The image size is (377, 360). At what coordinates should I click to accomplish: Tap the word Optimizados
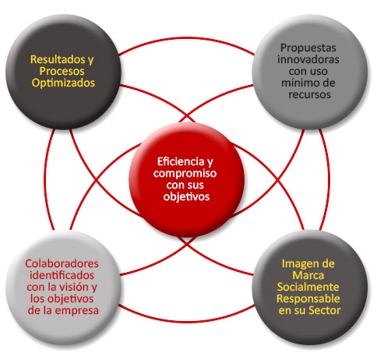pos(63,83)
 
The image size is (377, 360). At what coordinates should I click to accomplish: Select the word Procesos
pos(62,72)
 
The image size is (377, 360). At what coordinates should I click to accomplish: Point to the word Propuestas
pos(308,48)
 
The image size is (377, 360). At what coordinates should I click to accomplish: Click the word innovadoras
pos(308,59)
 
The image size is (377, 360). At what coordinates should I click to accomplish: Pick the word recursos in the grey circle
pos(309,95)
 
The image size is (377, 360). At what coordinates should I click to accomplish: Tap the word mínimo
pos(298,83)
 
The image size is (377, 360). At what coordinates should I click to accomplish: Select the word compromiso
pos(185,174)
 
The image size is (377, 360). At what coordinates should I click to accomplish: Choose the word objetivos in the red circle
pos(186,197)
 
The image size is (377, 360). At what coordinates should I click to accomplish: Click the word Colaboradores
pos(62,263)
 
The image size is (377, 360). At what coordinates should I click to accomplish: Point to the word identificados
pos(62,275)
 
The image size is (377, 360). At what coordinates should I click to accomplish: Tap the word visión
pos(75,287)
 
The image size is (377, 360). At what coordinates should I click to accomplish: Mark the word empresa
pos(77,311)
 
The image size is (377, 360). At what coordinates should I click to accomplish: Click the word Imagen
pos(298,264)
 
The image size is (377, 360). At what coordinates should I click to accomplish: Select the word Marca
pos(308,275)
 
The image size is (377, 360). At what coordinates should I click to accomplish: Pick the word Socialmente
pos(308,287)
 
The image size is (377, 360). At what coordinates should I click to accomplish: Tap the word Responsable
pos(308,299)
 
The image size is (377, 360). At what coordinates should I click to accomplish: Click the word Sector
pos(326,311)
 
